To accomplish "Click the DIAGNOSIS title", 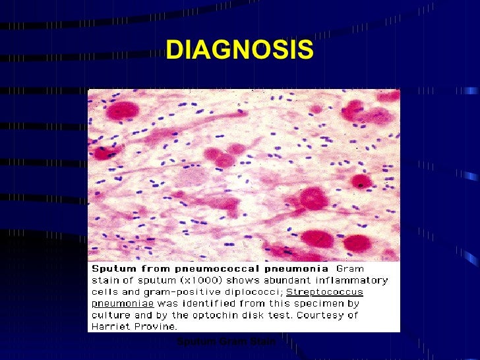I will (239, 49).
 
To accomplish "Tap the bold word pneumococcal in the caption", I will (287, 269).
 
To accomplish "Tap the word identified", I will (212, 303).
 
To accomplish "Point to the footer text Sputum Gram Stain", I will (225, 341).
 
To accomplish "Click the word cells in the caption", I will (104, 292).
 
